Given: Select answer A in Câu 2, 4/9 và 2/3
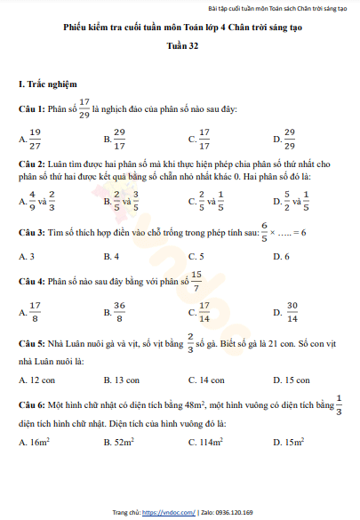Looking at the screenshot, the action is tap(37, 201).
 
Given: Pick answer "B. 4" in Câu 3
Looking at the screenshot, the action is tap(111, 256).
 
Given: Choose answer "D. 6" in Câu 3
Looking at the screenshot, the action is tap(281, 256).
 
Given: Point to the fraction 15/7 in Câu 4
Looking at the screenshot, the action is tap(196, 281).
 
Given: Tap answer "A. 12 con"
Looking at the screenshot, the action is tap(36, 380).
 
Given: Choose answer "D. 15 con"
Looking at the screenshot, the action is tap(292, 380).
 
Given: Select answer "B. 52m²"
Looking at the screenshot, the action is tap(118, 441).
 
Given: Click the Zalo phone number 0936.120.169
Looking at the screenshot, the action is tap(234, 513).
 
